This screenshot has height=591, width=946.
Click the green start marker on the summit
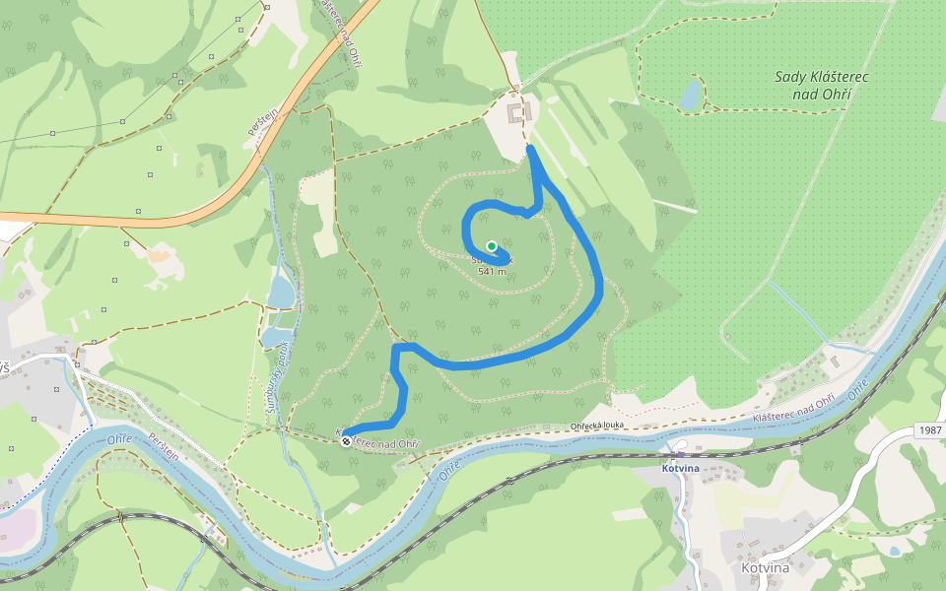coord(491,246)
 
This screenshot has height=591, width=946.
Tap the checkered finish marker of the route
coord(346,441)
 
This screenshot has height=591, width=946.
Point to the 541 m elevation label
coord(491,271)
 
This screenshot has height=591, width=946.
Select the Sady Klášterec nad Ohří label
coord(813,85)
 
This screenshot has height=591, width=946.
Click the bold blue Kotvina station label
coord(680,469)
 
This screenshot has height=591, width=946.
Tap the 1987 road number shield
coord(929,430)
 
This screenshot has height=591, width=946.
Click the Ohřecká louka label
coord(599,427)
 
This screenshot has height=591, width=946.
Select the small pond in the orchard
coord(690,95)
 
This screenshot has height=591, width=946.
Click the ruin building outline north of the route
coord(518,111)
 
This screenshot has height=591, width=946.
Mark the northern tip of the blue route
coord(531,148)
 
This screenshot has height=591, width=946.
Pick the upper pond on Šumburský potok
coord(280,292)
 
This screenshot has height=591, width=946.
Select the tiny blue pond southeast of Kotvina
coord(893,551)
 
